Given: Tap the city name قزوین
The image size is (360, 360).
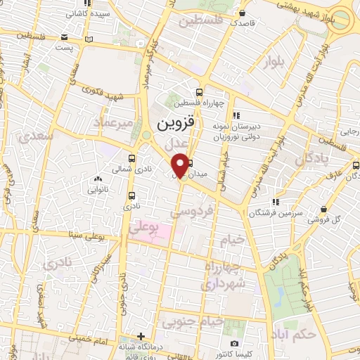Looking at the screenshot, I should tap(173, 125).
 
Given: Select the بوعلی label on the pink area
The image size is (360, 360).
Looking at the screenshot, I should tap(144, 229).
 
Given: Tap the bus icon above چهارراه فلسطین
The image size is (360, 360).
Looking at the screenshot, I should tap(200, 91).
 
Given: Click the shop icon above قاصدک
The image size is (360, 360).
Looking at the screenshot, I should tap(242, 13).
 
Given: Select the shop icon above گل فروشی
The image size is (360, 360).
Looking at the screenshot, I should tap(323, 209).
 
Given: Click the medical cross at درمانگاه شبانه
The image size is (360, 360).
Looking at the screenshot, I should tap(143, 336).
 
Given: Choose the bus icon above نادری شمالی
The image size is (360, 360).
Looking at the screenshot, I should tap(134, 158).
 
